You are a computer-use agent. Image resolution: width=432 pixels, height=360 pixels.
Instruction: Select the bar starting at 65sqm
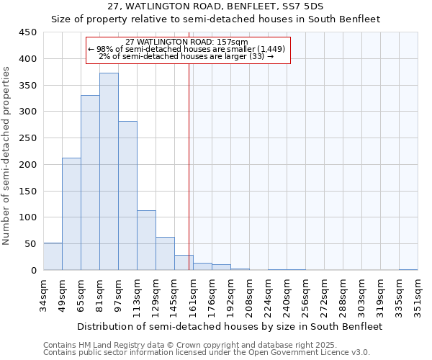(90, 183)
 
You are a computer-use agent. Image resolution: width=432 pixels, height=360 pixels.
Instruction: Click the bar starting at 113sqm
(146, 240)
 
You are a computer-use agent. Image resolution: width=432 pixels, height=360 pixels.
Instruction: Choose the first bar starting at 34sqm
(53, 256)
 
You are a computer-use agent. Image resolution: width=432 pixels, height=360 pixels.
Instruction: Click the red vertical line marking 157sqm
(189, 180)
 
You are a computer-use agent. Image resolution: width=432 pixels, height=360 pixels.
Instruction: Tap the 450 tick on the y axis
(27, 32)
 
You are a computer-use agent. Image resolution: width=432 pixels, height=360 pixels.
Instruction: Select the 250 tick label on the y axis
(27, 138)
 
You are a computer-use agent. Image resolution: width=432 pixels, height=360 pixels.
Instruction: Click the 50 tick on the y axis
(30, 244)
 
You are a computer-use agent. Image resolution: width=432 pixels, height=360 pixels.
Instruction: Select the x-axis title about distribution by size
(230, 326)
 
